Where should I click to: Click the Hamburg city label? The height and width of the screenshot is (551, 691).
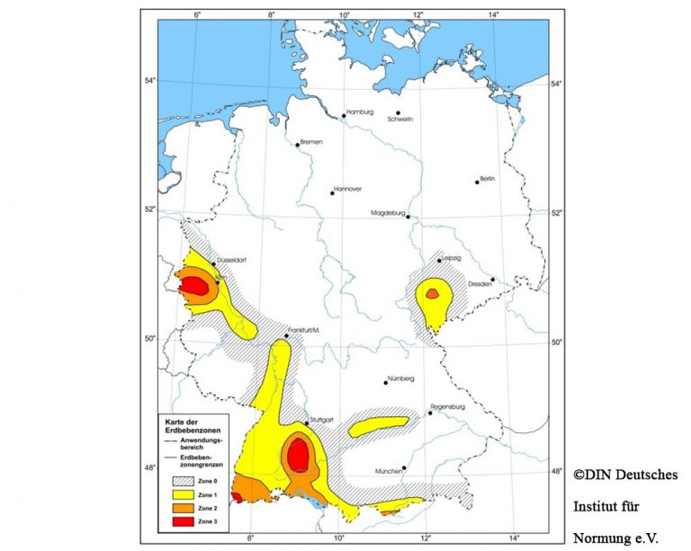pos(360,111)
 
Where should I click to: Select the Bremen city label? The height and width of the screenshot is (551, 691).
pos(311,142)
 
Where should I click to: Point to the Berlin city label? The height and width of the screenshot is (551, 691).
pos(489,179)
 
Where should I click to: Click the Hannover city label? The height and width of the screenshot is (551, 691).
pos(348,189)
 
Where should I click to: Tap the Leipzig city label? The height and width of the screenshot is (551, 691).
pos(450,258)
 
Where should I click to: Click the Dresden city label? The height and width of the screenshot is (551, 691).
pos(478,284)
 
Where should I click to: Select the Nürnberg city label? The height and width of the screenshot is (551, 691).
pos(401,378)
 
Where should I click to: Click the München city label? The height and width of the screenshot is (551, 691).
pos(390,471)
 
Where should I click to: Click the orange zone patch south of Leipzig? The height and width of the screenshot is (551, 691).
pos(432,293)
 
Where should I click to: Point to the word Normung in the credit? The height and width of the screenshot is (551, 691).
pos(600,539)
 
